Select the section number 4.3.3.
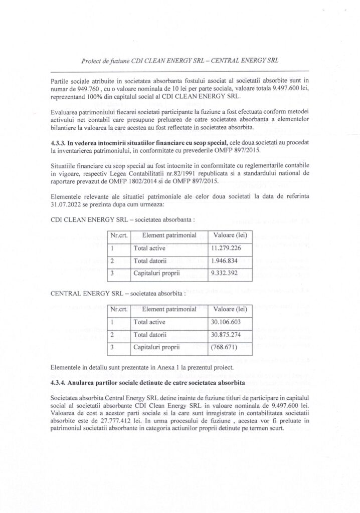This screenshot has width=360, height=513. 60,143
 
